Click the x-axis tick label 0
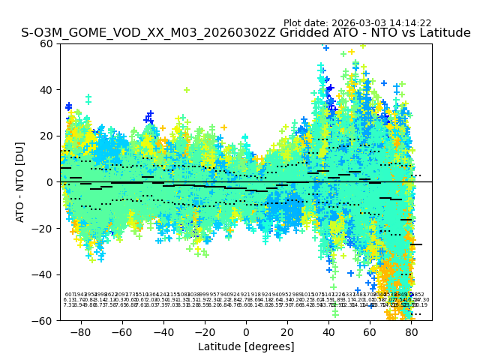pos(246,331)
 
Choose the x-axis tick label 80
pos(411,331)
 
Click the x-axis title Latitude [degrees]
pos(246,346)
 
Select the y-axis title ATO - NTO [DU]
pos(20,182)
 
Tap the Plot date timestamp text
pos(357,23)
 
